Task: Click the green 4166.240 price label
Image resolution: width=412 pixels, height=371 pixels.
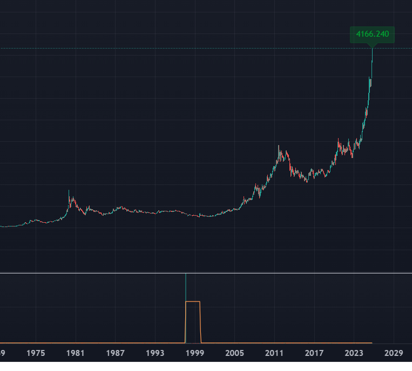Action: click(x=372, y=35)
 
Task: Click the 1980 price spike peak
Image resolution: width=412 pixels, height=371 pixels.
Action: click(x=69, y=191)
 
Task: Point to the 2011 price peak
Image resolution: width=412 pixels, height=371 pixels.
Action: click(x=279, y=146)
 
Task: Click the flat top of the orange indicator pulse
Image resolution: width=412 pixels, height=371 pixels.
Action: click(x=193, y=301)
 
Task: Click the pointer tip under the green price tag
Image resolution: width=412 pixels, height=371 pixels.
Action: click(x=372, y=47)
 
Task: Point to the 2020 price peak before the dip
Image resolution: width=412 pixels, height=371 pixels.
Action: click(x=338, y=140)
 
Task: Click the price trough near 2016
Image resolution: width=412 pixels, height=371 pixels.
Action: click(x=307, y=182)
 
